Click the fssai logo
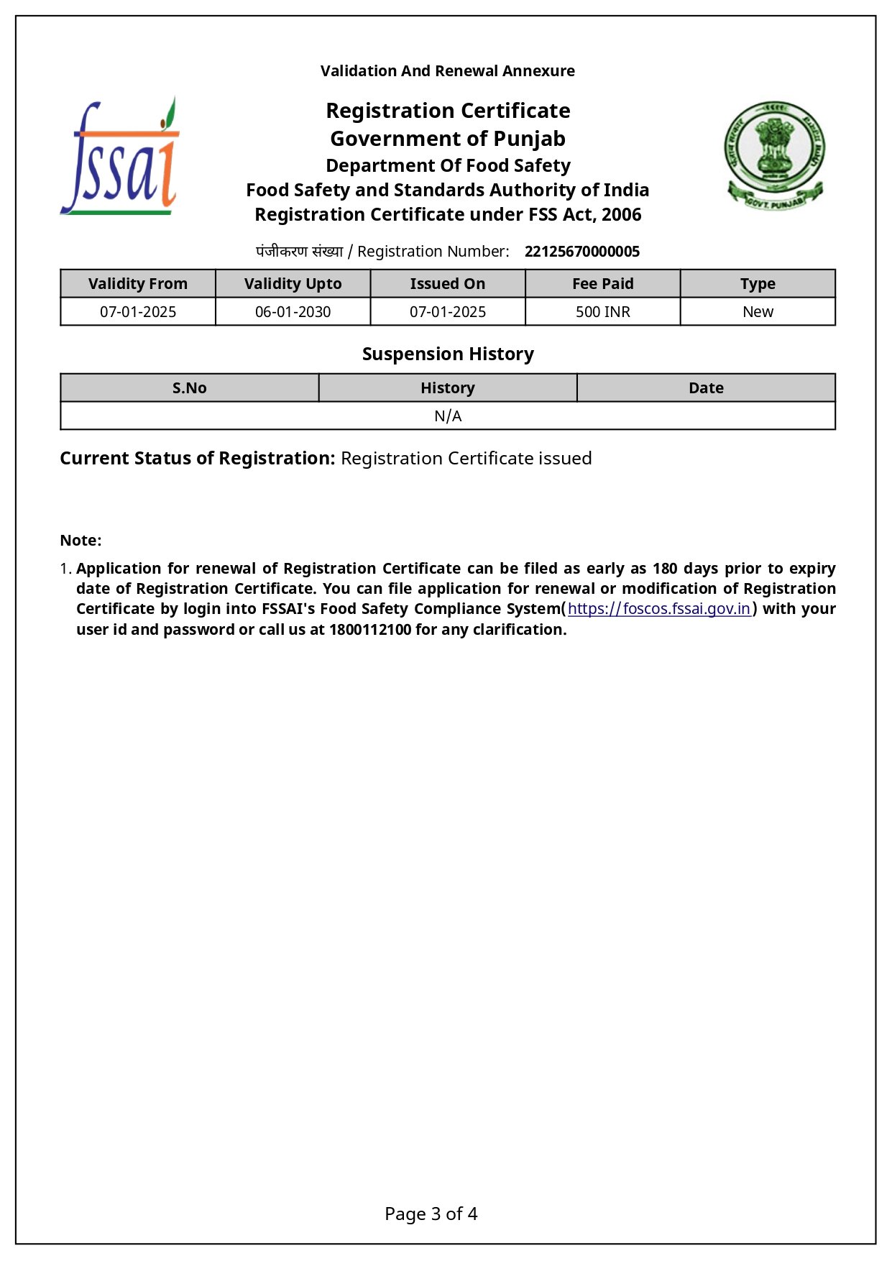pyautogui.click(x=119, y=157)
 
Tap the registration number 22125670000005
pyautogui.click(x=581, y=252)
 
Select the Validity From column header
pyautogui.click(x=138, y=284)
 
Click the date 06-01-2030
pyautogui.click(x=293, y=312)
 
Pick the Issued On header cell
pyautogui.click(x=447, y=284)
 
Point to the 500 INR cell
pyautogui.click(x=602, y=312)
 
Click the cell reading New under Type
pyautogui.click(x=758, y=312)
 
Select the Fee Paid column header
pyautogui.click(x=602, y=284)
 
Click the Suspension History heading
pyautogui.click(x=447, y=354)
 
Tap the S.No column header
pyautogui.click(x=189, y=388)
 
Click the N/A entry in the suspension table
pyautogui.click(x=447, y=416)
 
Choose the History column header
pyautogui.click(x=447, y=388)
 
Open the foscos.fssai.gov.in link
pyautogui.click(x=658, y=609)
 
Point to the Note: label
pyautogui.click(x=81, y=541)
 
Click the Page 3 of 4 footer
pyautogui.click(x=431, y=1214)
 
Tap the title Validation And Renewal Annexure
pyautogui.click(x=447, y=71)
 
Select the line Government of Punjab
pyautogui.click(x=447, y=139)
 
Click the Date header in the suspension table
pyautogui.click(x=706, y=388)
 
